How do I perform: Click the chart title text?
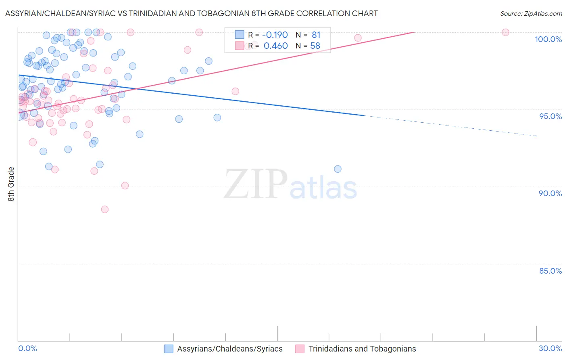click(x=191, y=13)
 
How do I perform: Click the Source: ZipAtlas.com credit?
click(x=531, y=13)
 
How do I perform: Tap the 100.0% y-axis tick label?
click(x=548, y=39)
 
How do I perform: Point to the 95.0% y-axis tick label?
click(x=550, y=116)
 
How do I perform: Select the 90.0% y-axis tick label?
click(x=550, y=193)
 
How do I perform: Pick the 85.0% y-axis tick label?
click(x=550, y=271)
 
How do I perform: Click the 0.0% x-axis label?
click(x=27, y=348)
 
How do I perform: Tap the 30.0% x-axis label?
click(x=550, y=348)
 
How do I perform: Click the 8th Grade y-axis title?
click(x=11, y=184)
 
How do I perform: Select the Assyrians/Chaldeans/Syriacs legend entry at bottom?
click(x=230, y=349)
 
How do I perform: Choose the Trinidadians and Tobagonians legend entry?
click(x=362, y=349)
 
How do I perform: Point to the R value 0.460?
click(x=275, y=46)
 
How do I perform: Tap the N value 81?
click(x=316, y=35)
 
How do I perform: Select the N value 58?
click(x=315, y=46)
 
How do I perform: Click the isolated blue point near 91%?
click(x=338, y=169)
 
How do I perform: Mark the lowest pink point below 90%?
click(x=105, y=209)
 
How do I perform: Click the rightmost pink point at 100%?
click(x=505, y=32)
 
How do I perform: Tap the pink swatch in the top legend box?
click(x=240, y=46)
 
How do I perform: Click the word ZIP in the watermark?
click(x=255, y=184)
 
